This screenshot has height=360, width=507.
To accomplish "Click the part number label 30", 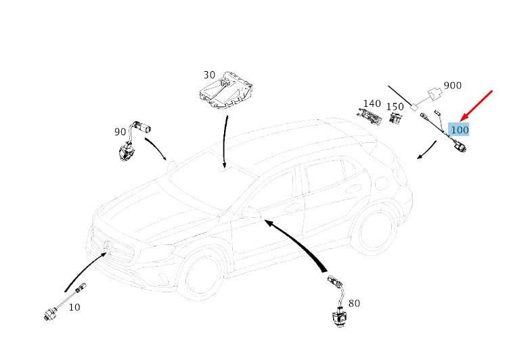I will [208, 75].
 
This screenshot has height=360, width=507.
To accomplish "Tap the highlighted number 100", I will [460, 129].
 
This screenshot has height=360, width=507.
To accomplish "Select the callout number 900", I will [452, 87].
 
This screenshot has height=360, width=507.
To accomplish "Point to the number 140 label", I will [372, 104].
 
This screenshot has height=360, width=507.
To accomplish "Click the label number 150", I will [395, 107].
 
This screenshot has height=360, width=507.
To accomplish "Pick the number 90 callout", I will [120, 132].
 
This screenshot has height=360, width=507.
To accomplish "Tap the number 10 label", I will [74, 307].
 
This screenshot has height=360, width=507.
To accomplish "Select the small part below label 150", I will [395, 118].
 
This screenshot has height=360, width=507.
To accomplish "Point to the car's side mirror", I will [250, 212].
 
